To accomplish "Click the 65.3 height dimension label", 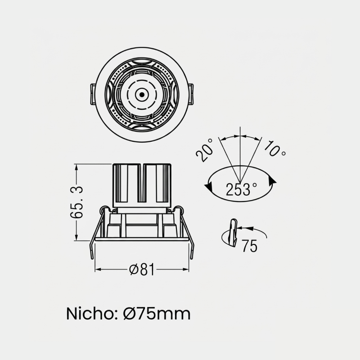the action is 76,202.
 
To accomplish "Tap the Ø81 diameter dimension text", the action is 142,269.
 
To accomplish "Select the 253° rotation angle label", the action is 241,189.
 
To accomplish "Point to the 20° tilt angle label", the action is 204,150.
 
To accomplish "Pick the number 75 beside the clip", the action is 250,246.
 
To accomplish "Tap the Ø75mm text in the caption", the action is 157,314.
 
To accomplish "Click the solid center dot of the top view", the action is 142,94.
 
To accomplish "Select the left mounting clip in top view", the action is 93,94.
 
